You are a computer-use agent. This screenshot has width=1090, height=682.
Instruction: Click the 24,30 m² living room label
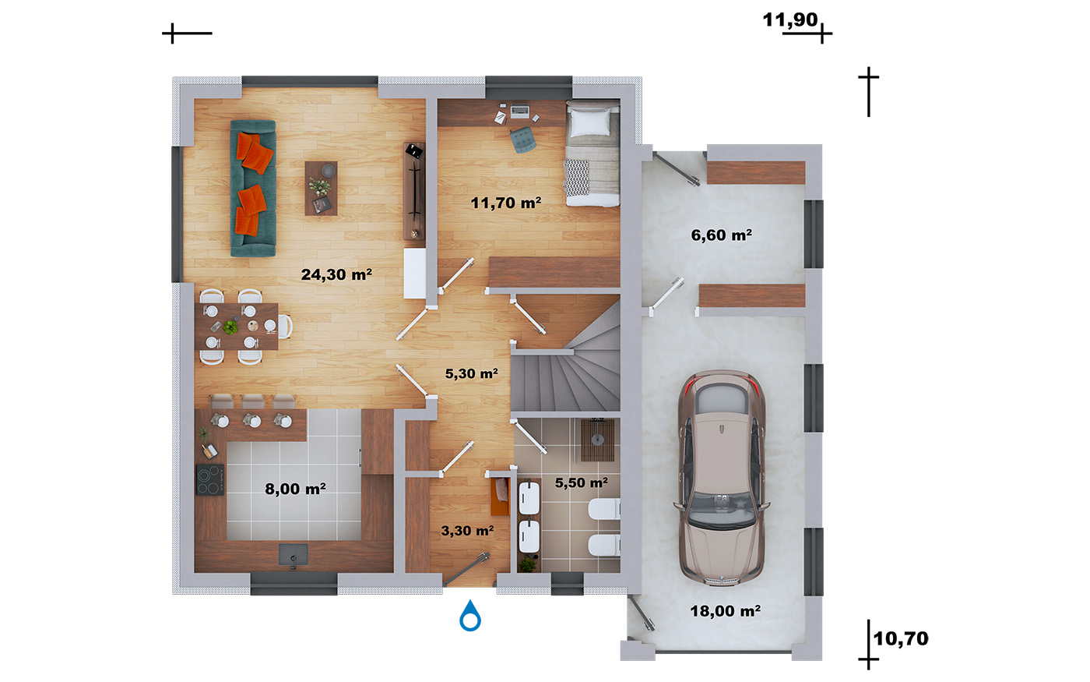tap(336, 274)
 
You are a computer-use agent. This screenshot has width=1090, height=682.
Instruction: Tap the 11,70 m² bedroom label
tap(506, 203)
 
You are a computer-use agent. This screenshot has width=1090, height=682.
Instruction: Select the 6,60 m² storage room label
tap(722, 235)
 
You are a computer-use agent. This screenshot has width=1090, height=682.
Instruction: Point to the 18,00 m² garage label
tap(726, 611)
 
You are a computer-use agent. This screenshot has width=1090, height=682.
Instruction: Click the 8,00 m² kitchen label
tap(295, 489)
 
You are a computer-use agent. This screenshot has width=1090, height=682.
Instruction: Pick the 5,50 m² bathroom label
tap(582, 482)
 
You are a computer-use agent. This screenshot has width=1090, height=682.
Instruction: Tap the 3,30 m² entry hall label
tap(468, 531)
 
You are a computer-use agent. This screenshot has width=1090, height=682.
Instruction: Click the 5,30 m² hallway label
tap(472, 373)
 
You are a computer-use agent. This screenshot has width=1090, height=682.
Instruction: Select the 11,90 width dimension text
tap(790, 20)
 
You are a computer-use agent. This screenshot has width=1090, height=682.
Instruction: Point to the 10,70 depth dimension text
tap(901, 638)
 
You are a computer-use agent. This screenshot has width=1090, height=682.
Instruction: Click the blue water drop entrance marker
tap(470, 616)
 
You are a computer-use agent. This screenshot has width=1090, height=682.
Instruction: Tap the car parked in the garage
tap(722, 477)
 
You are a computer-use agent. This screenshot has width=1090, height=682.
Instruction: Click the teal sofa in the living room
tap(253, 189)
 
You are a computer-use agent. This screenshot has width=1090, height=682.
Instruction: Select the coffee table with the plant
tap(321, 189)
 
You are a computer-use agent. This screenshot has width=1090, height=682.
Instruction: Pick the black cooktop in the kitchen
tap(210, 480)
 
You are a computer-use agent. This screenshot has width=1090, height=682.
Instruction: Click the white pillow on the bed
tap(590, 122)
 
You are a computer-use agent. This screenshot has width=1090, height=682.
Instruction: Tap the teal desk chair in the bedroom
tap(522, 140)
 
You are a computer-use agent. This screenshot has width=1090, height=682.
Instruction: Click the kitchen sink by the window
tap(293, 555)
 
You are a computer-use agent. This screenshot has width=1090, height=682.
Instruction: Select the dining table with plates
tap(237, 327)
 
